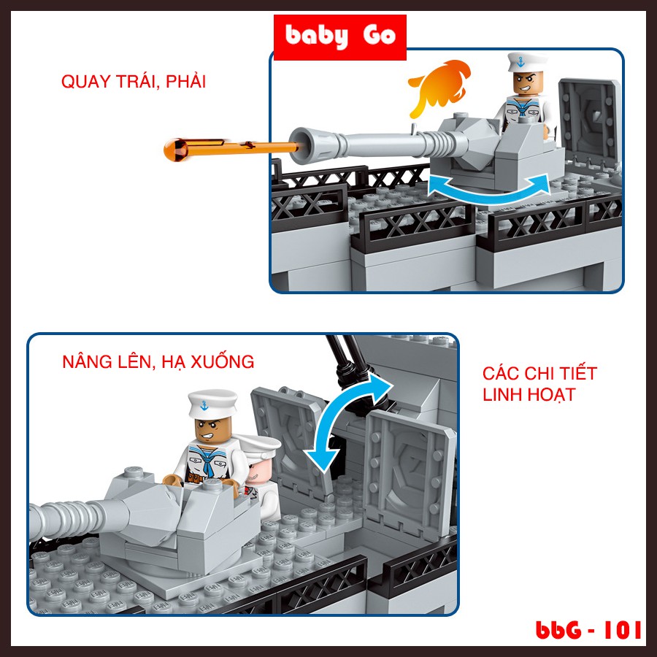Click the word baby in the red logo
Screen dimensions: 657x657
tap(316, 36)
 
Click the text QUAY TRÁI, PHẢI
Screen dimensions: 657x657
tap(133, 82)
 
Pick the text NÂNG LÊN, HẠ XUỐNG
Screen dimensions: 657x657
tap(158, 361)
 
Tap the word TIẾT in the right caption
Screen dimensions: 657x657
tap(577, 374)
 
